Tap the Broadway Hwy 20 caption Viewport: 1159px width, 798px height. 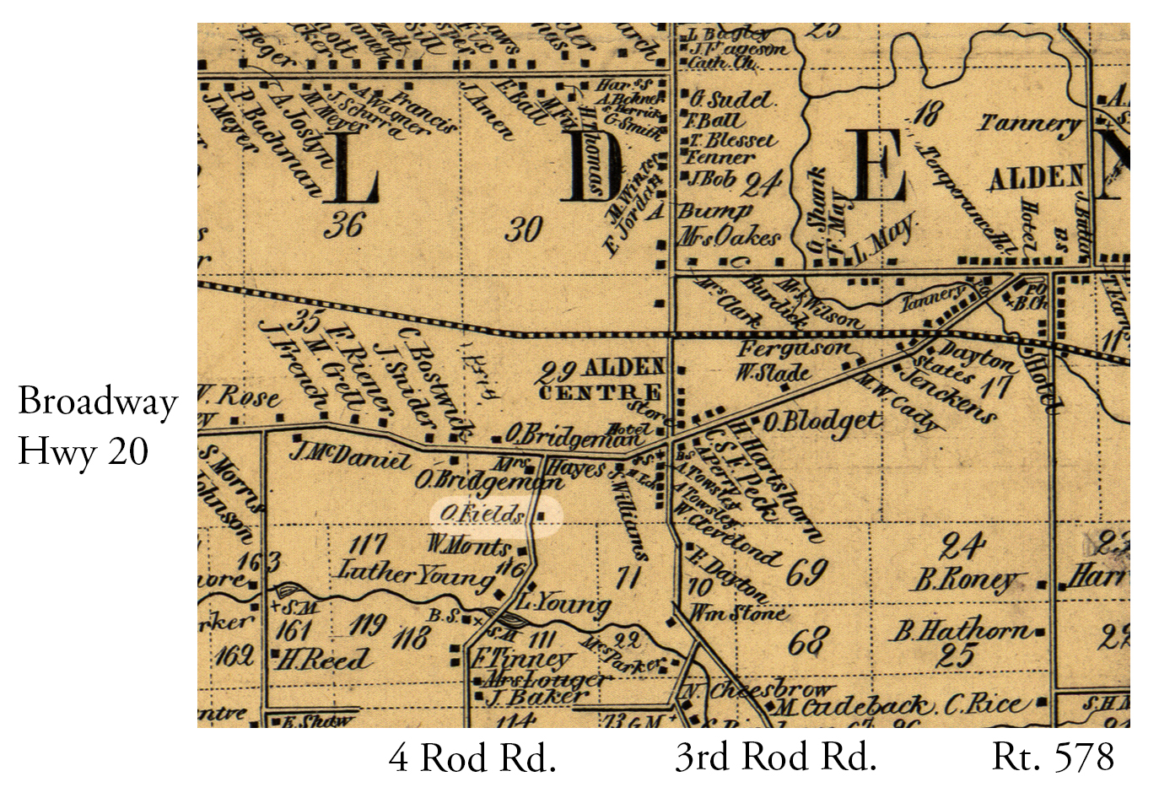(x=97, y=426)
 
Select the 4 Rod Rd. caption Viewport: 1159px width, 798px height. (x=472, y=758)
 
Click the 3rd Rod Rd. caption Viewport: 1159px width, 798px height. (x=775, y=758)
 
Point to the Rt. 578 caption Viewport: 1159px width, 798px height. (x=1054, y=758)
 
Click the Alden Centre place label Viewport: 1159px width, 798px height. (x=601, y=380)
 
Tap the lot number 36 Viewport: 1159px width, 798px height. (x=343, y=225)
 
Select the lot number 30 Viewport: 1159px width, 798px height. (x=523, y=229)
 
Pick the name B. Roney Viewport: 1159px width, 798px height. (x=968, y=581)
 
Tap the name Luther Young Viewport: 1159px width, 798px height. (x=415, y=574)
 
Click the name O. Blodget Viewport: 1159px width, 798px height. (x=822, y=421)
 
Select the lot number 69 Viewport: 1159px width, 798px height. (x=806, y=573)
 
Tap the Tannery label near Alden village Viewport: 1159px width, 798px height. (x=1028, y=124)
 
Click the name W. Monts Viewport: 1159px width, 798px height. (x=469, y=545)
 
